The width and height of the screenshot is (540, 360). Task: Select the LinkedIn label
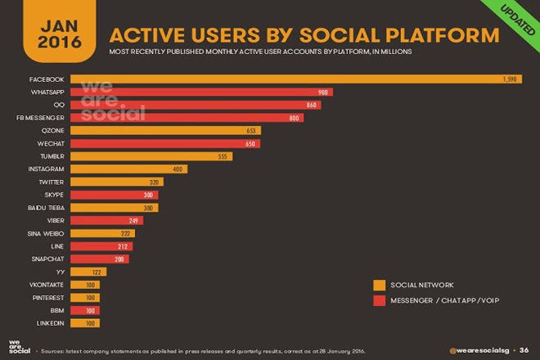pos(52,323)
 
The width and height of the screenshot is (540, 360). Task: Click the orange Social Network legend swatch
pos(380,285)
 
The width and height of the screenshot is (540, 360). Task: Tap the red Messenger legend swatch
pos(380,300)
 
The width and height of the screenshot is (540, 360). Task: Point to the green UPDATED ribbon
pos(512,18)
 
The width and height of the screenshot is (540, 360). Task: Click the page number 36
pos(524,351)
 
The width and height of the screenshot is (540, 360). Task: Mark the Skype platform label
pos(55,195)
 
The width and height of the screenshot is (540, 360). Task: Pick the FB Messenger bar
pos(187,117)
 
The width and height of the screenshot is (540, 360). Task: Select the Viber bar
pos(107,220)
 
